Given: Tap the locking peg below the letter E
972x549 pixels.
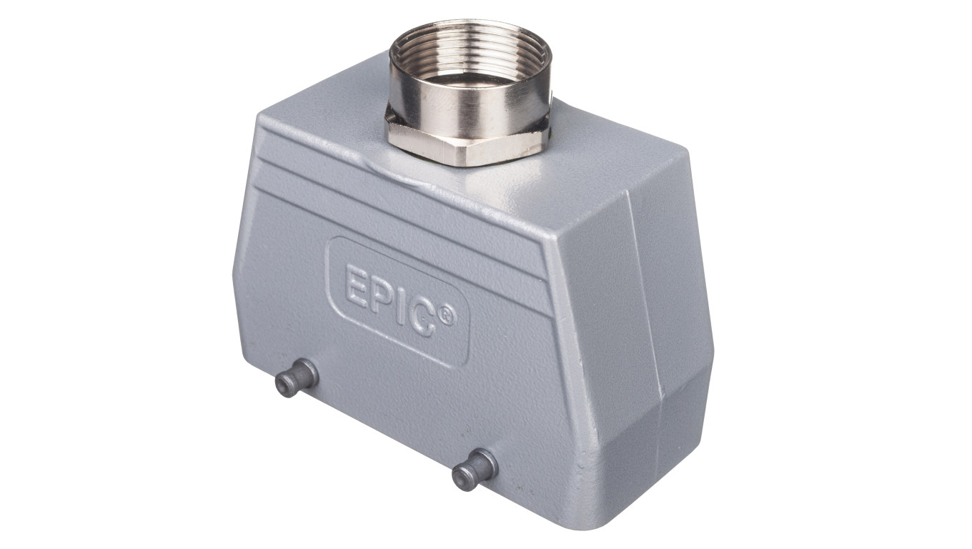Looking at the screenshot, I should [295, 378].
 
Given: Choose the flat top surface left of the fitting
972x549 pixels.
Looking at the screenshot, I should [322, 114].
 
